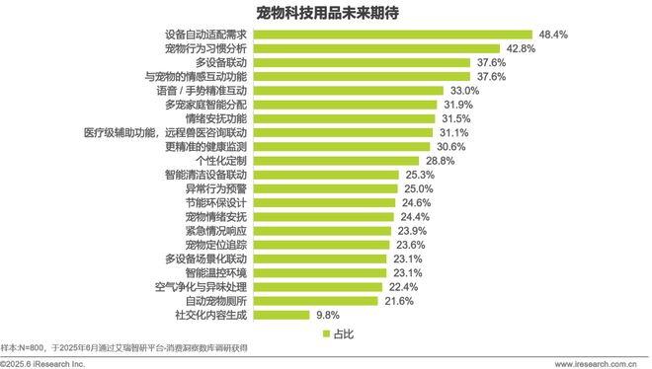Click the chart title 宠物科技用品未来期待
pyautogui.click(x=325, y=14)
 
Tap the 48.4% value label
pyautogui.click(x=555, y=34)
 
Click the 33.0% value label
pyautogui.click(x=462, y=90)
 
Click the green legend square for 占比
pyautogui.click(x=323, y=334)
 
